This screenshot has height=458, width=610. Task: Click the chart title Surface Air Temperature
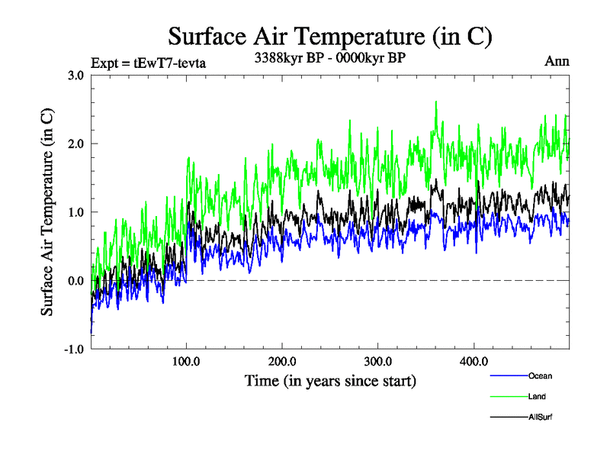[x=329, y=35]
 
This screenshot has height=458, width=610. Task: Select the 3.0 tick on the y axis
[x=75, y=75]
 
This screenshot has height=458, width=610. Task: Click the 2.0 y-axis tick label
[x=75, y=144]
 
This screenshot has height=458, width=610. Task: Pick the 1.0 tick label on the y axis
[x=75, y=212]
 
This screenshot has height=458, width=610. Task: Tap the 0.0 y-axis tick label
[x=75, y=281]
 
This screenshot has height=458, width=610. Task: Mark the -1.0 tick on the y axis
[x=73, y=349]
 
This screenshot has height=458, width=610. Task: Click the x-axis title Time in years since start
[x=330, y=379]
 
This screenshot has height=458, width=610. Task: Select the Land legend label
[x=537, y=396]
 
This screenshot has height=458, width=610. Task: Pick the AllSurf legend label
[x=540, y=417]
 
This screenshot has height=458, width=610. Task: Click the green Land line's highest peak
[x=436, y=102]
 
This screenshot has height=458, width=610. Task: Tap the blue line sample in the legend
[x=509, y=376]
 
